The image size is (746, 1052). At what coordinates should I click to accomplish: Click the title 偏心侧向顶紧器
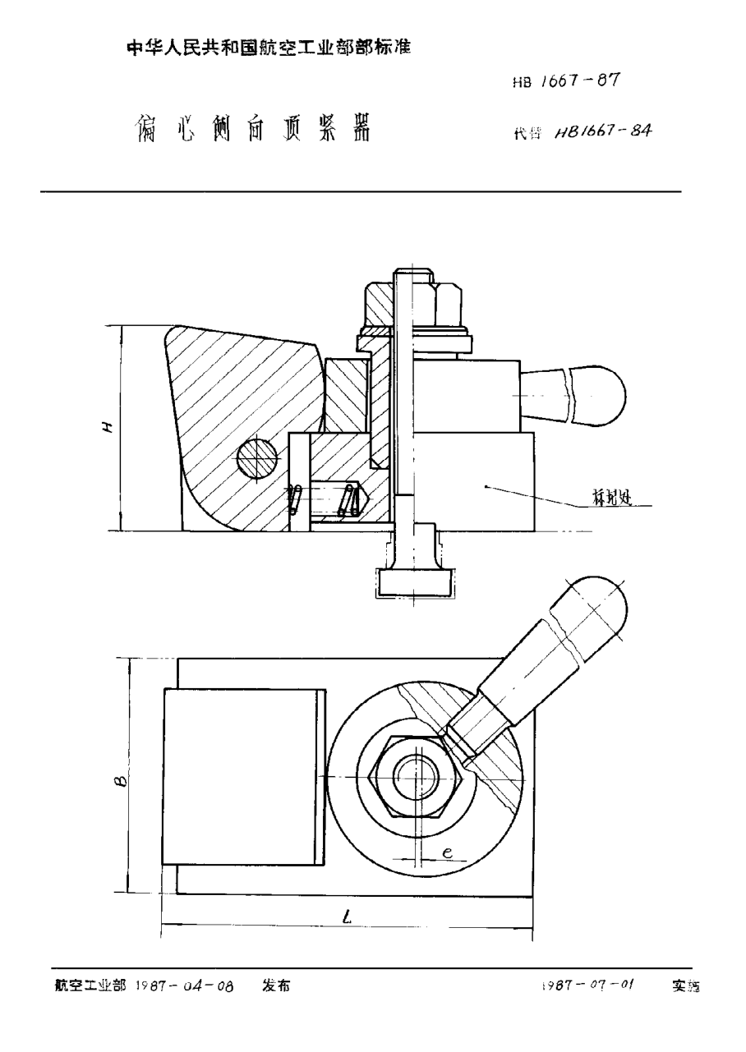[251, 128]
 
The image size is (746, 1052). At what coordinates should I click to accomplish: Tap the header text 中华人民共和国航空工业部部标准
[269, 48]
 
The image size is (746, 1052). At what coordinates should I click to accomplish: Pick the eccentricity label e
[447, 854]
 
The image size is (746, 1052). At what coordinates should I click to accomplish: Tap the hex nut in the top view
[419, 775]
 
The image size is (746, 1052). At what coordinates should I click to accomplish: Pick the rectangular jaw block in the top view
[242, 775]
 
